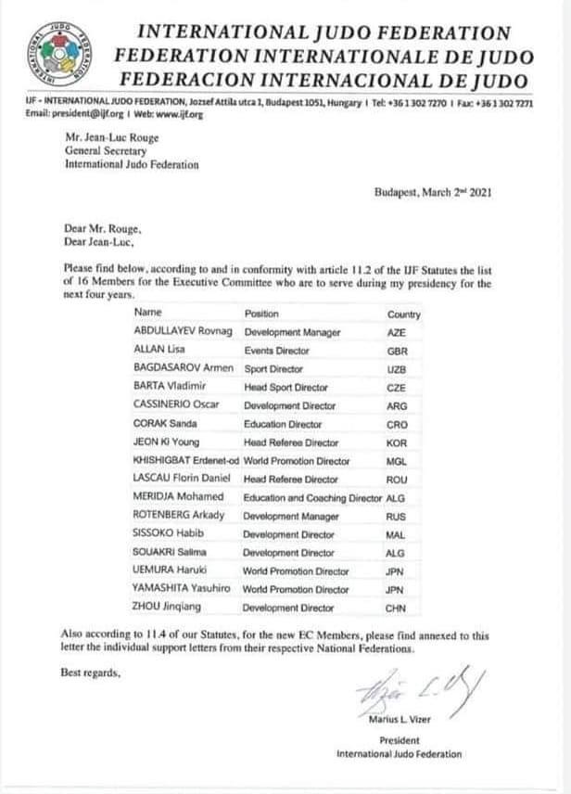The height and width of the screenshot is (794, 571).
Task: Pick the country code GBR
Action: [396, 351]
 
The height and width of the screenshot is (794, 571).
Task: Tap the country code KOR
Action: [396, 442]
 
